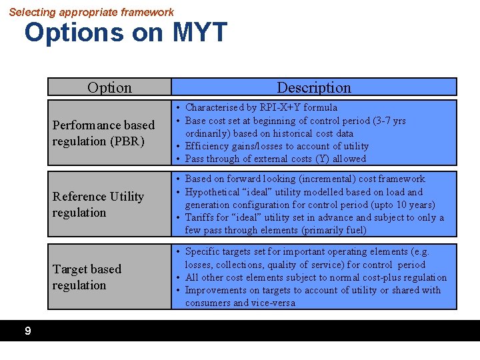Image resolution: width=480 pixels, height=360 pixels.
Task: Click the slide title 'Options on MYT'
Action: click(126, 33)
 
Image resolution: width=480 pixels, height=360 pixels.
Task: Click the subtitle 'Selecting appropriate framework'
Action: click(91, 12)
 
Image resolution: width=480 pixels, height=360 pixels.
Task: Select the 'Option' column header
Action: click(109, 87)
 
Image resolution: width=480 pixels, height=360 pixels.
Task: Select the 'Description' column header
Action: click(313, 87)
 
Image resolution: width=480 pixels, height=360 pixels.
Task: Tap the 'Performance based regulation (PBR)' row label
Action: click(103, 133)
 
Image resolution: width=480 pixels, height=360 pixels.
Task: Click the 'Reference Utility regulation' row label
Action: click(98, 204)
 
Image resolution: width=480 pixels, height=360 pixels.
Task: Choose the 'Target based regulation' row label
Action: click(87, 277)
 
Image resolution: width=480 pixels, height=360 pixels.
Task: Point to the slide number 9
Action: click(27, 331)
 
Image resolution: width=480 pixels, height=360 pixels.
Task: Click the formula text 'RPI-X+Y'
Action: click(279, 107)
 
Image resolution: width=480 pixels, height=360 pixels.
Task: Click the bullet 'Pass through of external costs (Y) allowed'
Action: click(275, 159)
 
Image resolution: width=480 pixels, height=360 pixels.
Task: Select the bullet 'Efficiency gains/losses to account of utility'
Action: click(277, 146)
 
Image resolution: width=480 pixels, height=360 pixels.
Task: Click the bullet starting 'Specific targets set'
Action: click(307, 251)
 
